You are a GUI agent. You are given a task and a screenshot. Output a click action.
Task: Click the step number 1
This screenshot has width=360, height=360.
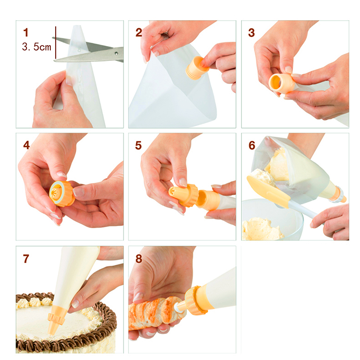tap(26, 32)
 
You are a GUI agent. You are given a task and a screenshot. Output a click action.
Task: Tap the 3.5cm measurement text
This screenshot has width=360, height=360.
tap(36, 47)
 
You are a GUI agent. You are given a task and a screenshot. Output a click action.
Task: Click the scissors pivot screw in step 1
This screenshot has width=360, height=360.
tap(116, 54)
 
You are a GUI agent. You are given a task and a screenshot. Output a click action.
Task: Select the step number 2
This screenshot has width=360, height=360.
tap(139, 32)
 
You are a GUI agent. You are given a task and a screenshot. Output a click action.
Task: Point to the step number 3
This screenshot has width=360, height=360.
tap(252, 32)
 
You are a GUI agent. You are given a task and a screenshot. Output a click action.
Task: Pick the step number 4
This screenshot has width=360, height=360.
tap(26, 145)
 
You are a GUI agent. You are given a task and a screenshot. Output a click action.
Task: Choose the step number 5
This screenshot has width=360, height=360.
tap(139, 145)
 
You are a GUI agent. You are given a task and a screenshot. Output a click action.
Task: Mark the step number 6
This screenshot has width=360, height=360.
tap(252, 145)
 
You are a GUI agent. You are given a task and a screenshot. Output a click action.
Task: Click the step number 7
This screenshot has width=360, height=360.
tap(26, 258)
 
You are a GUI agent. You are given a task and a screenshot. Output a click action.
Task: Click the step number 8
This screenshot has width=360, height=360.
tap(139, 258)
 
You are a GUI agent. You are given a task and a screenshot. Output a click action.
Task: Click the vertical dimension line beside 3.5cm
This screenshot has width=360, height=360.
tap(55, 43)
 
